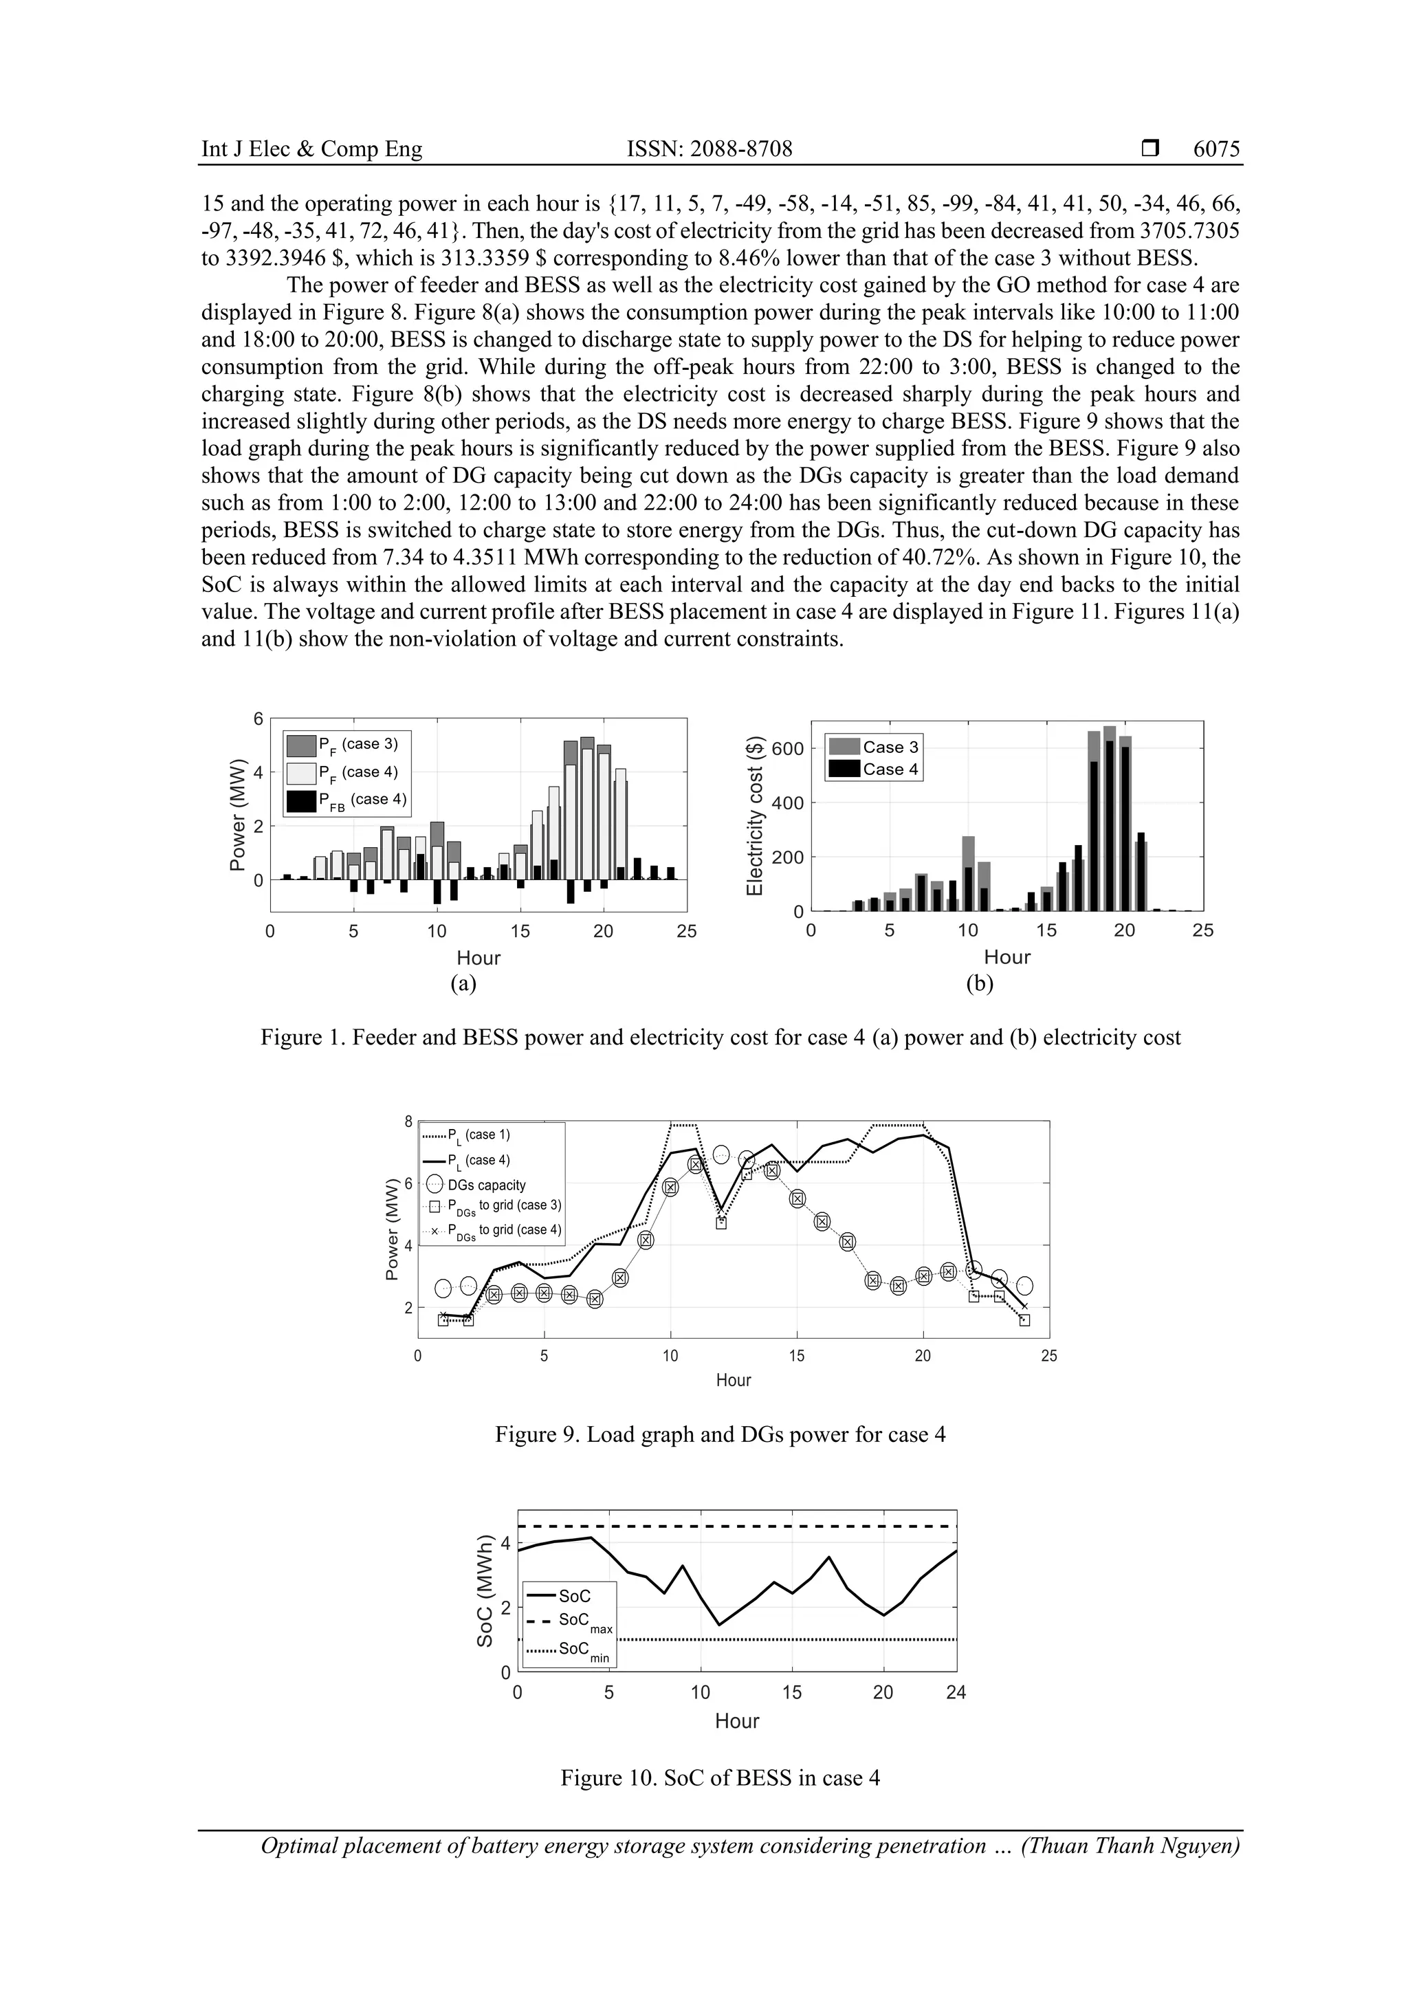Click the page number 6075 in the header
[1216, 149]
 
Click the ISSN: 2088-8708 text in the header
[709, 149]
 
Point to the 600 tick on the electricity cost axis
[787, 749]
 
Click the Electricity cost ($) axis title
[755, 816]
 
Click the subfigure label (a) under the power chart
[463, 983]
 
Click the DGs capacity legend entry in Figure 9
[486, 1185]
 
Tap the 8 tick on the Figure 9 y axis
[408, 1121]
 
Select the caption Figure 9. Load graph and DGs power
[720, 1434]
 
